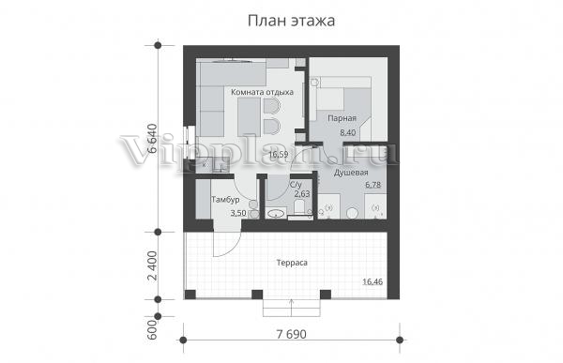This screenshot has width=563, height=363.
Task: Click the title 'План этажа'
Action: [x=291, y=21]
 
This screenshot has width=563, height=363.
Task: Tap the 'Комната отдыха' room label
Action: [x=262, y=92]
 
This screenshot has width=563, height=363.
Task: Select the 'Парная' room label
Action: [x=342, y=118]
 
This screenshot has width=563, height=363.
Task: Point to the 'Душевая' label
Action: [x=351, y=174]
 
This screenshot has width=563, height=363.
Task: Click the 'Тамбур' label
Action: [x=225, y=200]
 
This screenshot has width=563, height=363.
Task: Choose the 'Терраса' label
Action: [x=292, y=263]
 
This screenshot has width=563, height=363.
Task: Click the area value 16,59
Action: [x=279, y=155]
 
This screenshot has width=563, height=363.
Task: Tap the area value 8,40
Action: [x=348, y=132]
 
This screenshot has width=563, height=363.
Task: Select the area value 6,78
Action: [x=373, y=185]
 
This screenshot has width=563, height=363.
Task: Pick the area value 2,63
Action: [x=302, y=194]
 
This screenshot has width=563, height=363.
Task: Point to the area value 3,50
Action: [x=238, y=213]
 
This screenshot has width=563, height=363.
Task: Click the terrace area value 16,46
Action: [x=373, y=281]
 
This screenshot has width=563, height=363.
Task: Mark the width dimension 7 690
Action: [x=292, y=334]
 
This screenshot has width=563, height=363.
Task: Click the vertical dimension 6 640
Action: [x=152, y=139]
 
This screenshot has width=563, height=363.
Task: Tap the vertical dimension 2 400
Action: [x=152, y=265]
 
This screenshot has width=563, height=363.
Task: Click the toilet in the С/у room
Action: [x=299, y=208]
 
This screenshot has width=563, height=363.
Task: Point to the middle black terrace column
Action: [x=257, y=295]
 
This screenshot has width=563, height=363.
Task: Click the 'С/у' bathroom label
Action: [x=296, y=186]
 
